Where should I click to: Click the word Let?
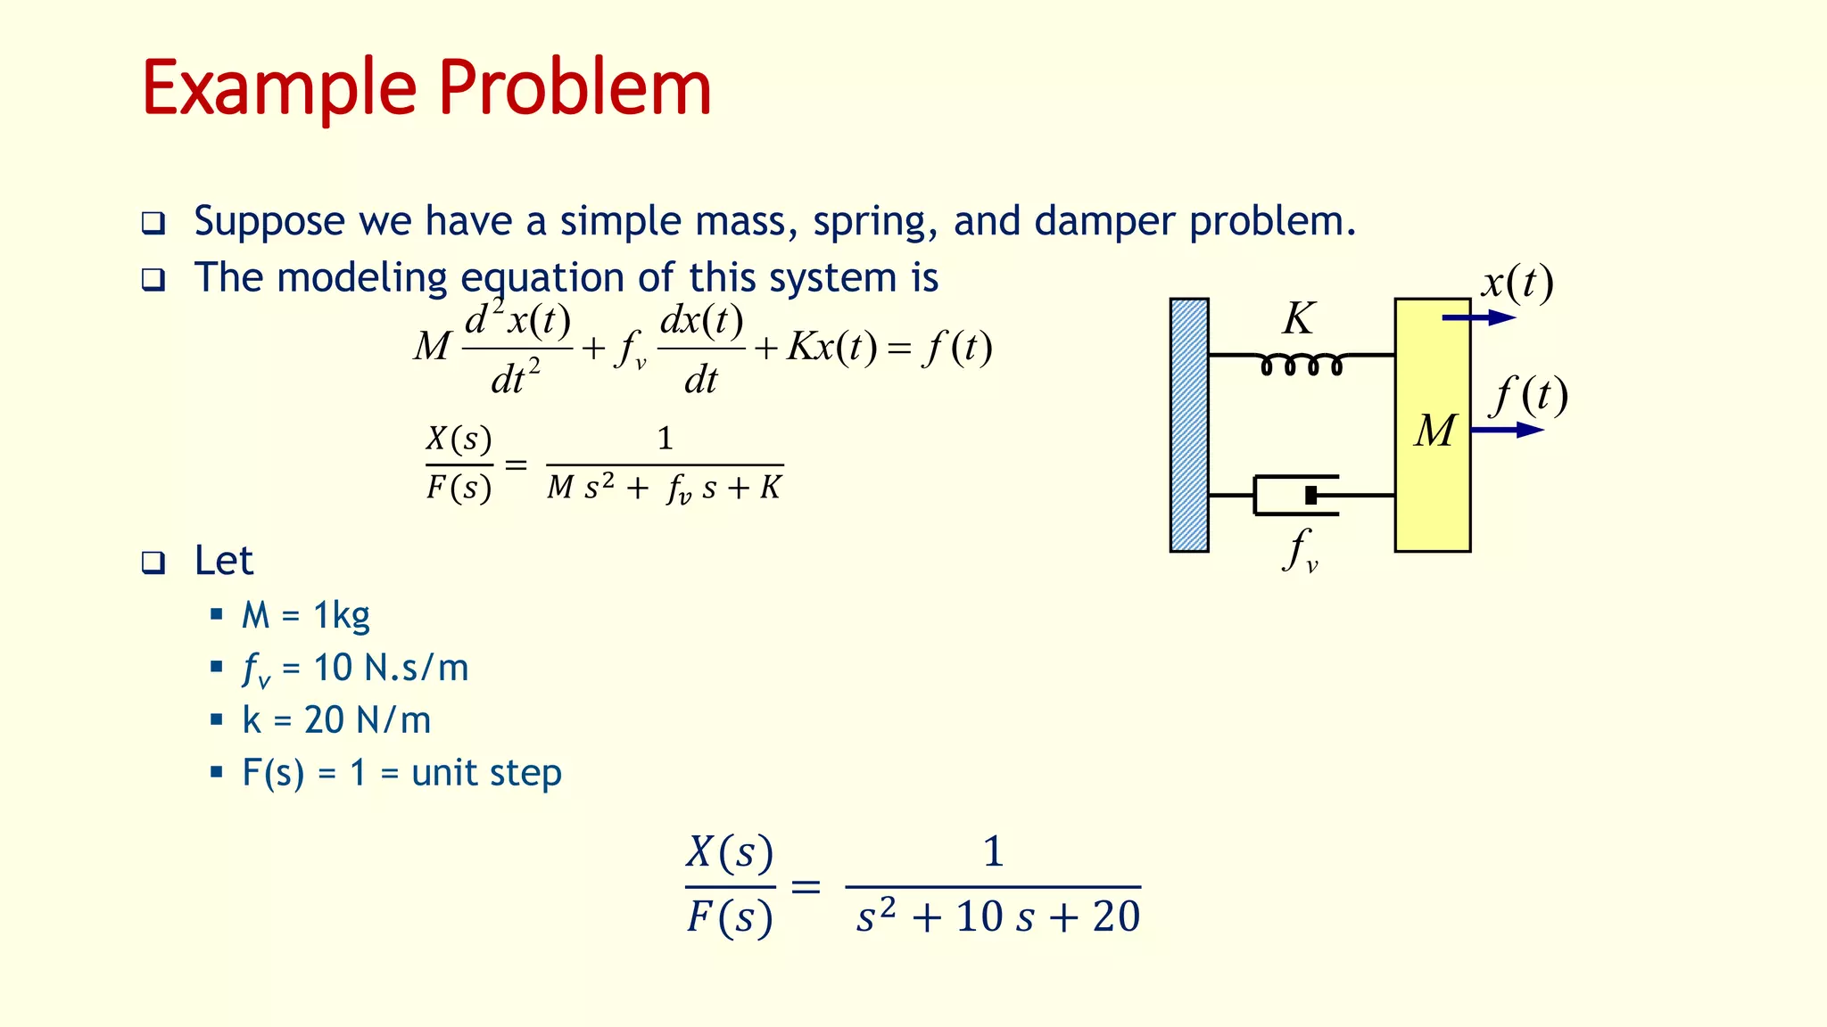coord(223,561)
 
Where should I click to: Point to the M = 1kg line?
coord(305,615)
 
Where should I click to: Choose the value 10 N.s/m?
coord(390,668)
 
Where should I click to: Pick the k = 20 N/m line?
coord(335,720)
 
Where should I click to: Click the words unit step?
coord(486,773)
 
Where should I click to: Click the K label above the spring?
coord(1298,318)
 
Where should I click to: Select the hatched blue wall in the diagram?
coord(1189,425)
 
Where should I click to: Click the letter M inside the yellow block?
coord(1434,431)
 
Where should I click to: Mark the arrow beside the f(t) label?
coord(1507,430)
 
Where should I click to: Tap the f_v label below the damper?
coord(1300,550)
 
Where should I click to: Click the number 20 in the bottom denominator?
coord(1116,916)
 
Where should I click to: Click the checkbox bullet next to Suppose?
coord(153,223)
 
